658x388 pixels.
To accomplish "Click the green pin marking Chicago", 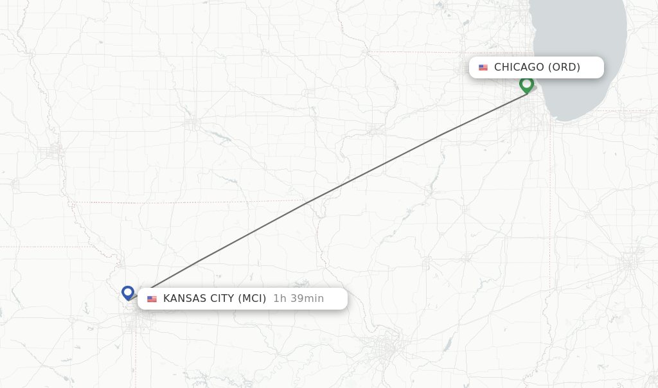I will click(x=526, y=84).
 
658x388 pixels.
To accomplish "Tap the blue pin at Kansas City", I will click(x=128, y=293).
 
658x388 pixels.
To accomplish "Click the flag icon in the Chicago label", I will click(x=483, y=67).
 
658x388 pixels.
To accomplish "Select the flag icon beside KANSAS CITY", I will click(x=152, y=299).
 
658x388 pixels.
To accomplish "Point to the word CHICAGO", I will click(x=519, y=67).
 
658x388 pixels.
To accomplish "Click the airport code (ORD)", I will click(x=564, y=67).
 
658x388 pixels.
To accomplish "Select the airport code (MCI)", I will click(x=252, y=299).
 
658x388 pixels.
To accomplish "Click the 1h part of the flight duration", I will click(x=280, y=299).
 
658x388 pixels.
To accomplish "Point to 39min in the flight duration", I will click(x=307, y=299).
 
